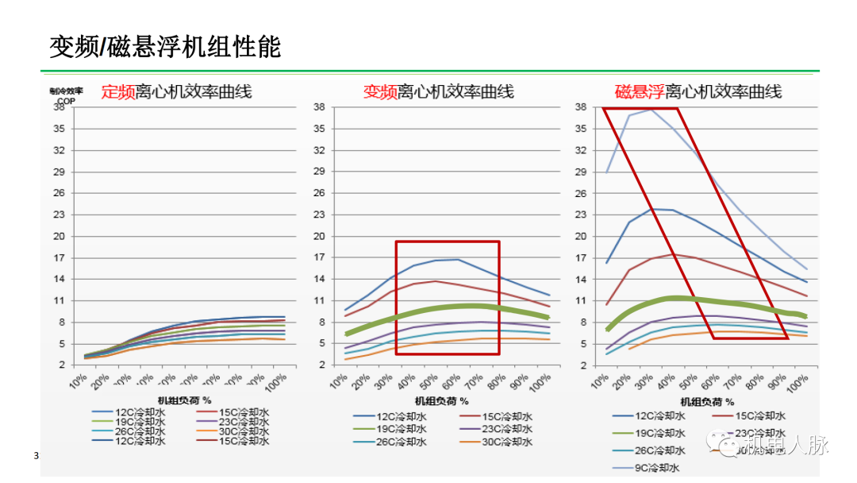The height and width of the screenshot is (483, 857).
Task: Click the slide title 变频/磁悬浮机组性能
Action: click(165, 47)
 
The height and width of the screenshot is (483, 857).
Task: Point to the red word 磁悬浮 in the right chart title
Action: click(639, 92)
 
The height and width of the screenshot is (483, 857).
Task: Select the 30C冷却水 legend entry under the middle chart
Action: click(505, 442)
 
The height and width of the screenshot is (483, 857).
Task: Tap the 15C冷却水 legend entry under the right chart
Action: click(759, 415)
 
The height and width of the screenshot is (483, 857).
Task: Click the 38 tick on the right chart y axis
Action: click(580, 106)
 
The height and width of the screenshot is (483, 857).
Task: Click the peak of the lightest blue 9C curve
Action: click(651, 109)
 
